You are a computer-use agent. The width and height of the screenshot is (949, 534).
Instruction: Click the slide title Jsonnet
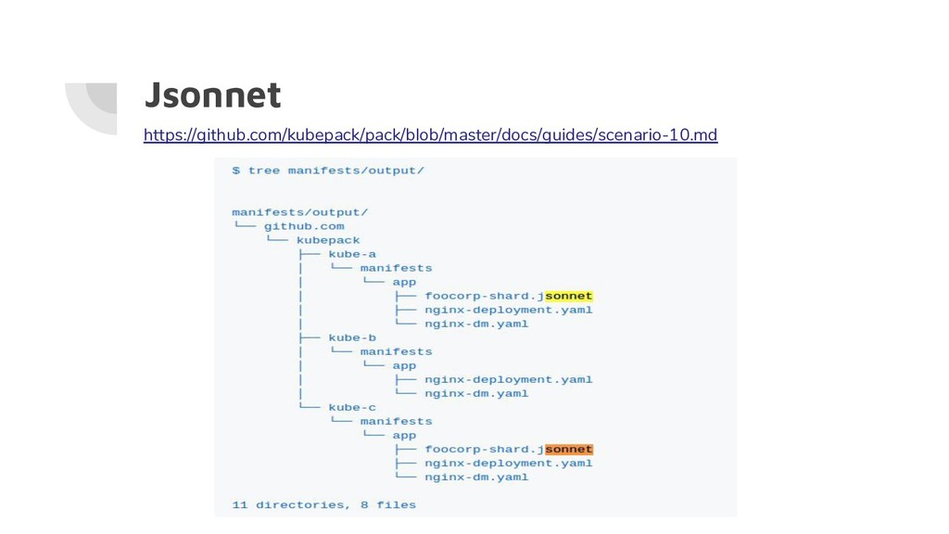point(212,95)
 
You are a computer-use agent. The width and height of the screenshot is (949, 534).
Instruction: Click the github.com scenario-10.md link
point(430,136)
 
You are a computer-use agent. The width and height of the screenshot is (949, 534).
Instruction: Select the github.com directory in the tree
point(303,226)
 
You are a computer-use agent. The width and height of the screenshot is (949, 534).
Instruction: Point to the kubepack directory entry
point(328,240)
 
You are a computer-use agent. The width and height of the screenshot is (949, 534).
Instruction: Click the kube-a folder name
point(352,254)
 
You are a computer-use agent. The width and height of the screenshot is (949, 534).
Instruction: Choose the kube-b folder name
point(352,337)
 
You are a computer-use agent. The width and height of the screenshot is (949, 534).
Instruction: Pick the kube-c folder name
point(352,407)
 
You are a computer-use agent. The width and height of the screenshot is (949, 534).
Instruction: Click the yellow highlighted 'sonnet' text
point(568,296)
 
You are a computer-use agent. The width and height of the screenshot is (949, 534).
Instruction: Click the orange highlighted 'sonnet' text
point(568,449)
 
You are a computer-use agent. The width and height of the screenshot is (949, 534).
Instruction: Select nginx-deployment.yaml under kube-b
point(508,379)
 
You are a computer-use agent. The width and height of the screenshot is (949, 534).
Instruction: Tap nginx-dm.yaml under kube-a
point(476,324)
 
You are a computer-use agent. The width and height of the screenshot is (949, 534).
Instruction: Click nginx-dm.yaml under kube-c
point(476,477)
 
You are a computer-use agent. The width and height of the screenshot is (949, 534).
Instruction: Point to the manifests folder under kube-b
point(396,351)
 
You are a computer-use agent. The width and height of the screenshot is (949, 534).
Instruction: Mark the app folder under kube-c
point(404,435)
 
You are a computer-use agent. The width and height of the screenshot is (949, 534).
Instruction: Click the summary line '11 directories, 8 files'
point(323,504)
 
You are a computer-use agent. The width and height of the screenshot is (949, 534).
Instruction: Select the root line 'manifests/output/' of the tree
point(299,212)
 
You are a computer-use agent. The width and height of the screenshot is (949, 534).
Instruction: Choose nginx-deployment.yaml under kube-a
point(508,310)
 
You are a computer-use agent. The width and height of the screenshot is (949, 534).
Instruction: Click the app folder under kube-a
point(404,282)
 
